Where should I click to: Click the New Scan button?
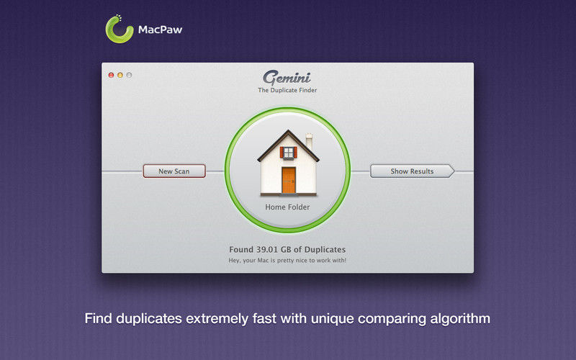tap(174, 171)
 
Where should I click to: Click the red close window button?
tap(111, 75)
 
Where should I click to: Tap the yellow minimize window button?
tap(120, 75)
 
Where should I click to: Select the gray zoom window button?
tap(129, 75)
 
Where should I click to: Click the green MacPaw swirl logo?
tap(119, 30)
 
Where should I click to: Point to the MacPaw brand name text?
tap(160, 30)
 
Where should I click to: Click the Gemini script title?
tap(287, 78)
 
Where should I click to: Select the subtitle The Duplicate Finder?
tap(287, 90)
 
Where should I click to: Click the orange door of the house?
tap(289, 180)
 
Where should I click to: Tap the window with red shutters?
tap(289, 153)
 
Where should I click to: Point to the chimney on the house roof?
tap(310, 141)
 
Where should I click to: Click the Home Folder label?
tap(287, 207)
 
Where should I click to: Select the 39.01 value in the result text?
tap(267, 249)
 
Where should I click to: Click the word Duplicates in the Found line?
tap(325, 249)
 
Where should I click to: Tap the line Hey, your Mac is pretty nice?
tap(287, 261)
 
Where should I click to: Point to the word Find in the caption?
tap(99, 318)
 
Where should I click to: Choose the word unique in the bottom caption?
tap(333, 319)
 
